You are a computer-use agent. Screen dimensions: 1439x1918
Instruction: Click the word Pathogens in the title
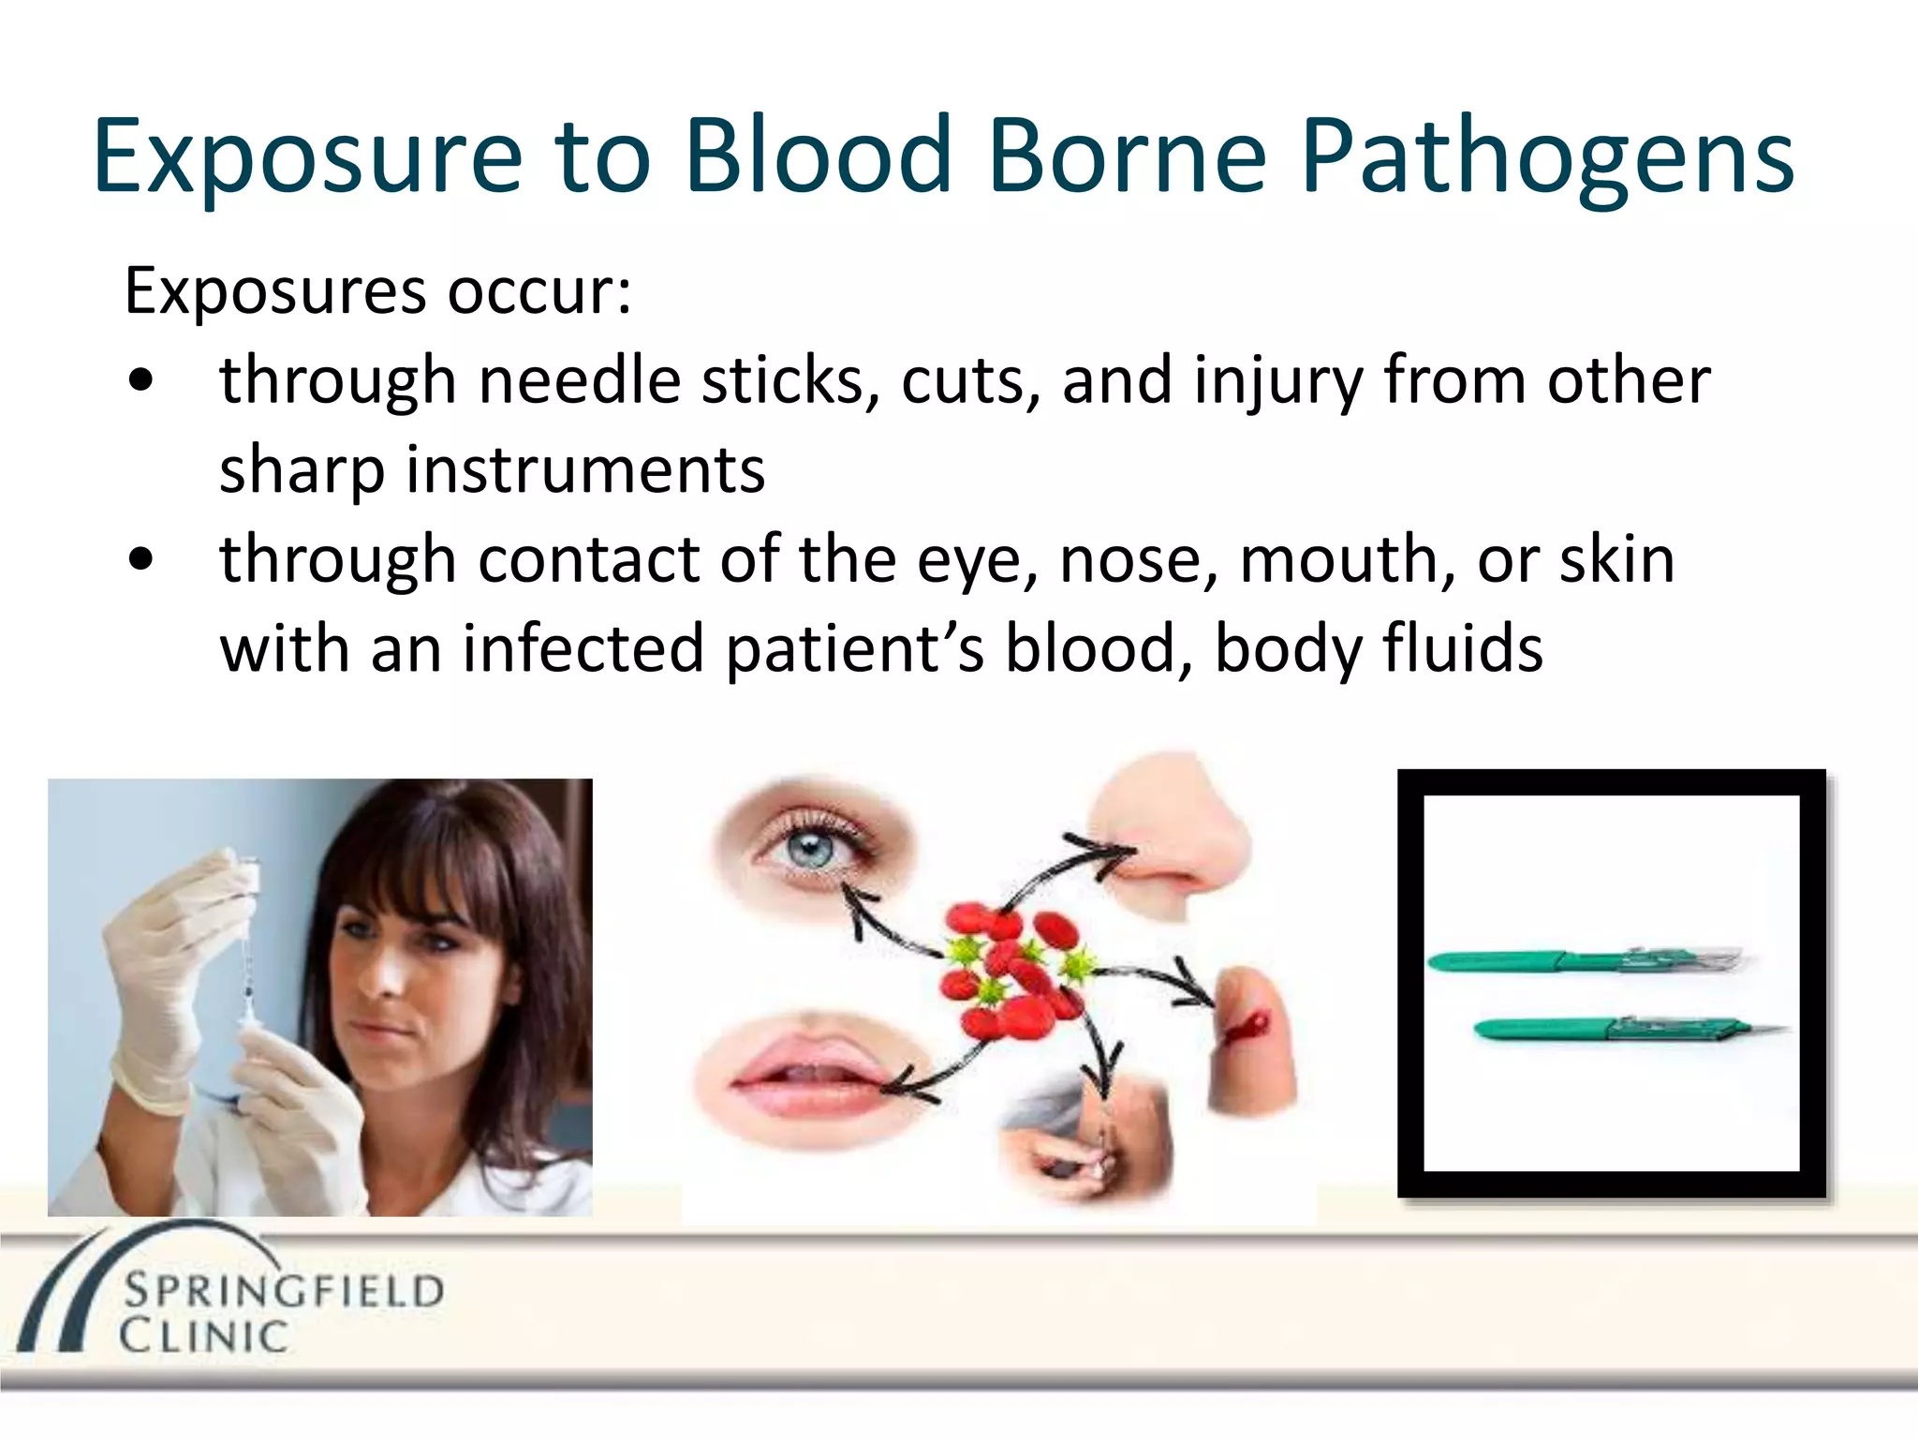(x=1547, y=157)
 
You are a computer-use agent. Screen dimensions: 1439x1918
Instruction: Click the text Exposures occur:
(x=377, y=291)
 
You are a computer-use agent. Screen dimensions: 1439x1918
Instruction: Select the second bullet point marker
(x=141, y=560)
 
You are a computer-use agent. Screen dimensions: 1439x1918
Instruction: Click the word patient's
(x=854, y=648)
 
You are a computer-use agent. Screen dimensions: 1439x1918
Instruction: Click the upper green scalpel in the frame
(x=1583, y=960)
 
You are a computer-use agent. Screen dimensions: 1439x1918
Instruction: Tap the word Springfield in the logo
(x=284, y=1292)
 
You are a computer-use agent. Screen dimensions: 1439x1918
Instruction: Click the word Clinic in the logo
(x=203, y=1336)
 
